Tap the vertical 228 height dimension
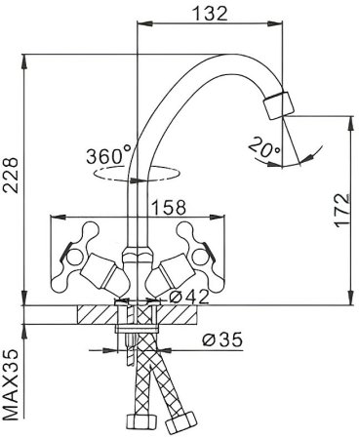click(x=13, y=180)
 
